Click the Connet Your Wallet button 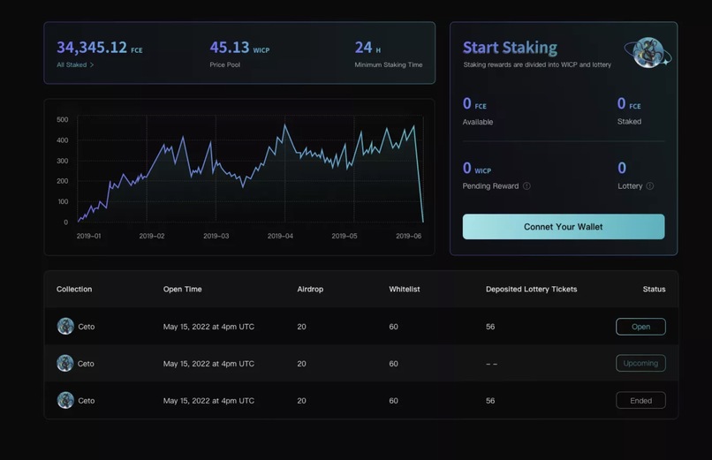[x=563, y=227]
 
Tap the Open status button [x=640, y=327]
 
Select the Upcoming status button [x=640, y=363]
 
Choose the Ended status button [x=640, y=401]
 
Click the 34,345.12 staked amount [x=92, y=48]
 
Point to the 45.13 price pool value [x=229, y=48]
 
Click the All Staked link [x=74, y=65]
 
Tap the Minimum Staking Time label [x=388, y=65]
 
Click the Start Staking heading [x=510, y=48]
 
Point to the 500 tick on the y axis [x=62, y=119]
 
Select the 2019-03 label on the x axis [x=216, y=237]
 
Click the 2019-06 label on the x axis [x=408, y=237]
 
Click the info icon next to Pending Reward [x=527, y=186]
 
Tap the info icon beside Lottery [x=650, y=186]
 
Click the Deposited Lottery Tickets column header [x=531, y=290]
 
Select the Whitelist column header [x=405, y=290]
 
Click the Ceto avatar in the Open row [x=65, y=327]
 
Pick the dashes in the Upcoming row [x=491, y=364]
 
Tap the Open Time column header [x=182, y=290]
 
